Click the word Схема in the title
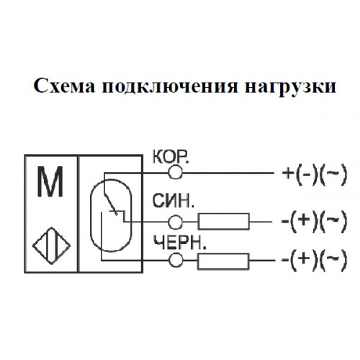(x=64, y=86)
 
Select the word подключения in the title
(x=170, y=87)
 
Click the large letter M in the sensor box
(x=50, y=181)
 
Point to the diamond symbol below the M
(x=51, y=246)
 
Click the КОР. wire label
(x=171, y=157)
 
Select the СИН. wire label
(x=173, y=201)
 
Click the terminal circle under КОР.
(x=175, y=172)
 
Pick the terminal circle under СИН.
(x=175, y=222)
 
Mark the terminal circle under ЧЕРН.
(x=176, y=260)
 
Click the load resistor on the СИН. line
(x=224, y=221)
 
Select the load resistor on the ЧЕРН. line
(x=223, y=261)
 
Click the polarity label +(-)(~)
(x=315, y=174)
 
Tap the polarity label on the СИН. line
(x=315, y=221)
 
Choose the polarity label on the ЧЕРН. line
(x=315, y=260)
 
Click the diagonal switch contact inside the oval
(x=110, y=204)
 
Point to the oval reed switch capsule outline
(x=90, y=215)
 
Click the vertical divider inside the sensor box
(x=78, y=214)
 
